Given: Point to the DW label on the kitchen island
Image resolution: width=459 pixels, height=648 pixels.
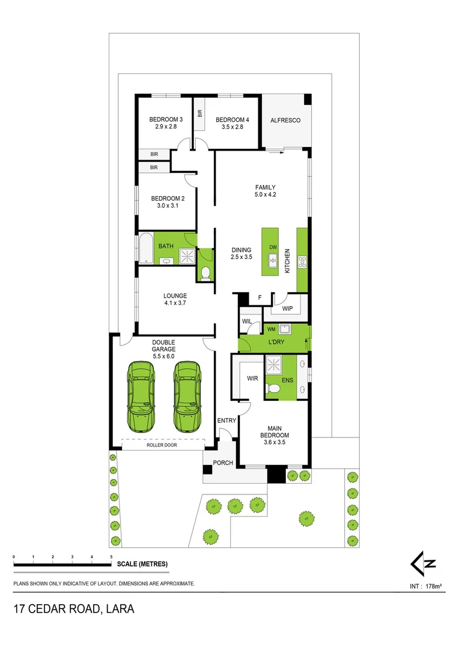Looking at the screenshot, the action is (x=273, y=247).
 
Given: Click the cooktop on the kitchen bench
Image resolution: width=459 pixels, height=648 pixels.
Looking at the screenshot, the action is (x=302, y=261).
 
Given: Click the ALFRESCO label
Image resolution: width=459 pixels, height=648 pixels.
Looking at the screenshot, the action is (x=285, y=121).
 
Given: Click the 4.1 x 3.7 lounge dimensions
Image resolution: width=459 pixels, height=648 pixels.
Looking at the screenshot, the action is (x=175, y=304).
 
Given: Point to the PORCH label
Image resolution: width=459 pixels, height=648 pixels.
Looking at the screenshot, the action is (x=222, y=463).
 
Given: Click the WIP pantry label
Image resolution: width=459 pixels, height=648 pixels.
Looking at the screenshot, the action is (x=287, y=309).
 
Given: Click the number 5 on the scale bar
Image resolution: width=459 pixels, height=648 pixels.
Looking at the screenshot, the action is (x=111, y=557).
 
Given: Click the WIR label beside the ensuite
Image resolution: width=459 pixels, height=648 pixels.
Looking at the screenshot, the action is (x=252, y=379).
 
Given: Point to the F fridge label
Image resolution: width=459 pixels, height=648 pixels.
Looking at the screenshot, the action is (x=260, y=297).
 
